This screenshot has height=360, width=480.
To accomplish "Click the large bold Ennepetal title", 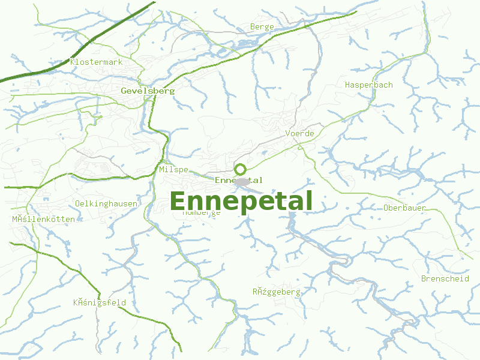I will pos(241,202).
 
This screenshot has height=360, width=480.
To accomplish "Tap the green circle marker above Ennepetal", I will pos(240,169).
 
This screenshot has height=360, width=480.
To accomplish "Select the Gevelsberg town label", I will pos(148,91).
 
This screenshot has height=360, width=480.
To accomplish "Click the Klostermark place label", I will pos(96,62).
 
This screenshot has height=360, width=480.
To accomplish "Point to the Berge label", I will pos(262,27).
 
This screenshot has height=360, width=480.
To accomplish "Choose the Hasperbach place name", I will pos(368,85).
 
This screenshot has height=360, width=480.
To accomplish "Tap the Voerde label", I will pos(300,133).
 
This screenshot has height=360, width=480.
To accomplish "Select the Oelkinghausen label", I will pos(106,203).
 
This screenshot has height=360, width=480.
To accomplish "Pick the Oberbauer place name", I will pos(404,208).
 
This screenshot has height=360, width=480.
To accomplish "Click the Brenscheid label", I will pos(445,278).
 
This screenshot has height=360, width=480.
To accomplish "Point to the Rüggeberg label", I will pos(276,292).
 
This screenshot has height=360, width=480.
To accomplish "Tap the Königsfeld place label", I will pos(100,302).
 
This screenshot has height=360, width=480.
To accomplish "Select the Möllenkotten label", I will pos(44,219).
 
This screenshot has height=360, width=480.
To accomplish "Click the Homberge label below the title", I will pos(202,212).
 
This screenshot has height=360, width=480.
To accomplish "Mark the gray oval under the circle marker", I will pos(242,181).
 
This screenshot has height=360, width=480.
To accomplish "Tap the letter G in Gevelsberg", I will pos(124,91).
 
